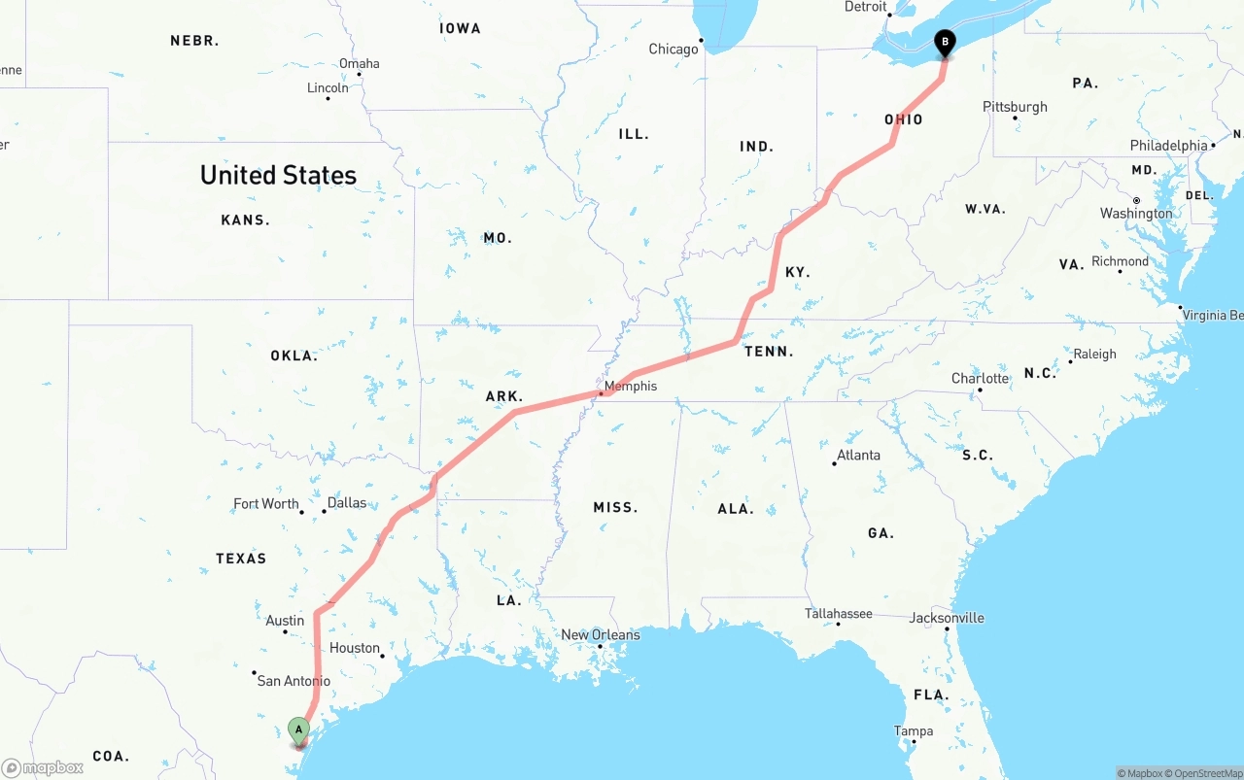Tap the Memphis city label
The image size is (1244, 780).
point(630,386)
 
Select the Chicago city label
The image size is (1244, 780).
point(674,49)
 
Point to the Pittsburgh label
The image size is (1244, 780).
point(1015,106)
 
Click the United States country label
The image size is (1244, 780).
point(278,175)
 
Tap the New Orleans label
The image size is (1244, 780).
point(600,634)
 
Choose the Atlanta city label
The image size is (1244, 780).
point(858,455)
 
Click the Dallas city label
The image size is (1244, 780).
point(347,502)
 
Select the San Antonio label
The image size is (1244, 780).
point(294,680)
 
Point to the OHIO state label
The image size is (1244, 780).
point(903,119)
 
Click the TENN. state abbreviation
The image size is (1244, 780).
point(769,351)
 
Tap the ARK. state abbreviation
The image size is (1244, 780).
point(504,396)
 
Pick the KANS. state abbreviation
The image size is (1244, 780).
point(245,220)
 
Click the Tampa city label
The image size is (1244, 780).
point(914,730)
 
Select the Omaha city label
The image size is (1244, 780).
point(359,63)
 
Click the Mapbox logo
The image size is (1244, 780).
point(43,767)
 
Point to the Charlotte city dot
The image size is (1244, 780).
point(980,390)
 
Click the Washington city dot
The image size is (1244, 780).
point(1135,201)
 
